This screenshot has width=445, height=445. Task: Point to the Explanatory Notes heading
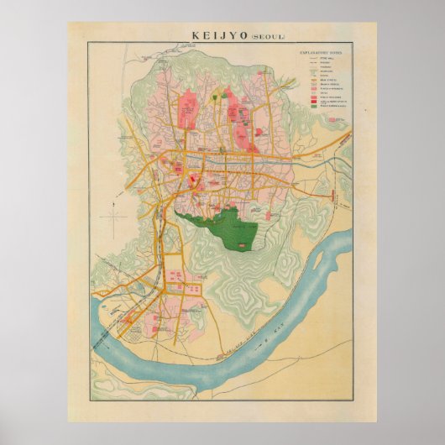(x=322, y=51)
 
